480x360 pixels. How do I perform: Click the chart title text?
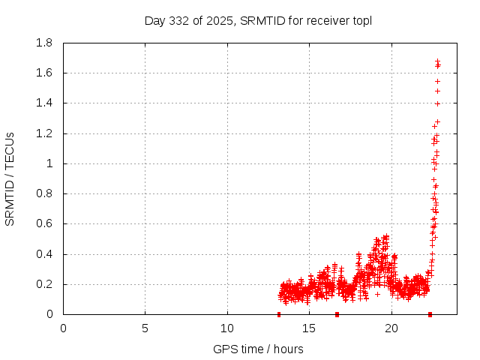click(x=258, y=20)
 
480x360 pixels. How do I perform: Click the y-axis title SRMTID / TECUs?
click(x=10, y=178)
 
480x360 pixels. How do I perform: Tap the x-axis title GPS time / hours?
click(x=258, y=349)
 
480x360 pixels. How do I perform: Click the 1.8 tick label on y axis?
click(x=44, y=43)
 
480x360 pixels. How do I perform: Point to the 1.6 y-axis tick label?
click(x=44, y=73)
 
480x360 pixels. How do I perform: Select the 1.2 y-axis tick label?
click(x=44, y=133)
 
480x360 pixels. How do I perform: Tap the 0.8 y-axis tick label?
click(x=44, y=193)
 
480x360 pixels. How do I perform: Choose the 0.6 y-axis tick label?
click(x=44, y=223)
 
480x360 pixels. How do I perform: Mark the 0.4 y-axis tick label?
click(x=44, y=254)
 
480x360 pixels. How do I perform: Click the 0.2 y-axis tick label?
click(x=44, y=284)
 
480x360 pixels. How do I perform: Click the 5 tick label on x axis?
click(x=145, y=328)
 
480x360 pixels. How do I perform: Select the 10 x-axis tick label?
click(x=227, y=328)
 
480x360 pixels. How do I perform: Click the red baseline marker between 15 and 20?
click(x=337, y=314)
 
